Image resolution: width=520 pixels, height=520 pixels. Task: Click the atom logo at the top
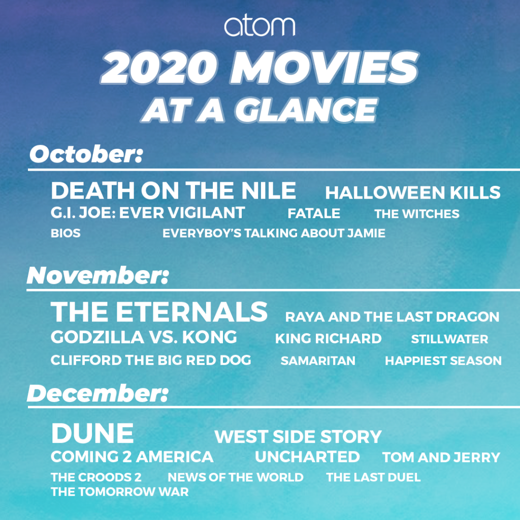coord(259,26)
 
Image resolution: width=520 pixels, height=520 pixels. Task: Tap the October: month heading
coord(86,154)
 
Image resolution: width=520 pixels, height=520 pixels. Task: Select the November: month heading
coord(97,276)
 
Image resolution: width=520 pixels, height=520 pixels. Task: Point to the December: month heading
coord(97,394)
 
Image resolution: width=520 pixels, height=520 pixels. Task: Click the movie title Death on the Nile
coord(174,191)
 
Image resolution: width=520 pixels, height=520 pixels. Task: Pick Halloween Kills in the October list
coord(413,192)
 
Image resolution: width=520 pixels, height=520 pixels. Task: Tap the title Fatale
coord(314,214)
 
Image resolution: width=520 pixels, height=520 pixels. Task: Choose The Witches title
coord(417,214)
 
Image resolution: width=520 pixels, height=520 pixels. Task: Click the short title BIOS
coord(66,233)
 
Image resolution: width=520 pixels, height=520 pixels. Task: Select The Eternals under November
coord(159,312)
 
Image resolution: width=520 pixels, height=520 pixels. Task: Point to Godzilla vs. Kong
coord(144,337)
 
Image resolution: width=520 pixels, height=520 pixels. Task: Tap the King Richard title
coord(329,339)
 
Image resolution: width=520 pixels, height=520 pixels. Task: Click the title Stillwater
coord(449,339)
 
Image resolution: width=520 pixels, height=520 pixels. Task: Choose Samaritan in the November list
coord(318,361)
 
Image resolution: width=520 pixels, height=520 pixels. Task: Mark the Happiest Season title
coord(443,361)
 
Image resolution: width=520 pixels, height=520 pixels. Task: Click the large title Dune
coord(92,433)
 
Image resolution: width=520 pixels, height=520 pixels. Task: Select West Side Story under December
coord(298,437)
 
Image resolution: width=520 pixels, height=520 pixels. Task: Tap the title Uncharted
coord(307,457)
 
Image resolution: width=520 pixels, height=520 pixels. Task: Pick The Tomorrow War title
coord(120,492)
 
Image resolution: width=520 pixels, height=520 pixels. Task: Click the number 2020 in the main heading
coord(159,68)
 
